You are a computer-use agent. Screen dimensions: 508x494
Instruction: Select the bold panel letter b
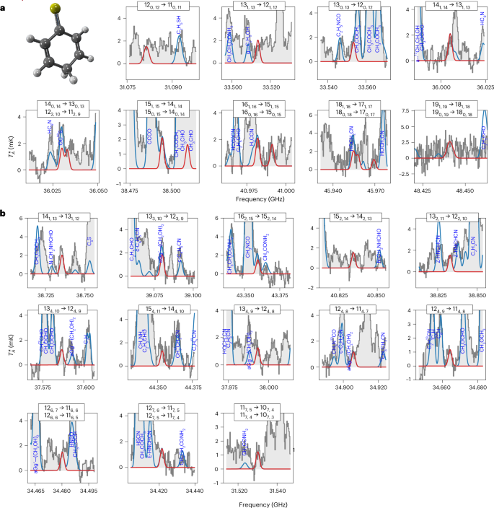(x=4, y=214)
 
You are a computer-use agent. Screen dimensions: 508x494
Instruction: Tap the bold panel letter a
(x=4, y=4)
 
